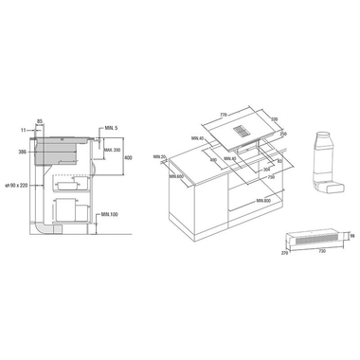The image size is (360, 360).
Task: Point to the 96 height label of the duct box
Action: (351, 235)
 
